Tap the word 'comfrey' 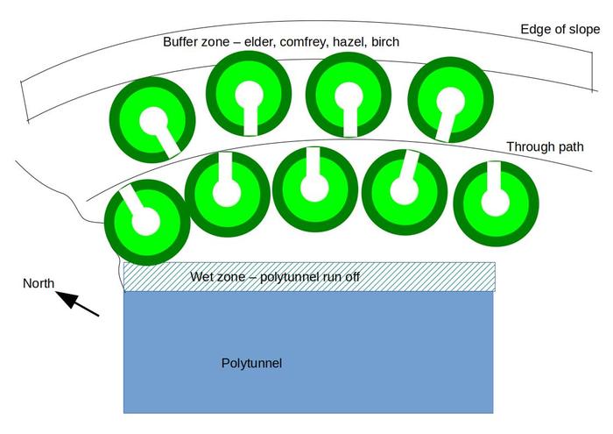point(312,42)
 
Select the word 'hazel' point(357,42)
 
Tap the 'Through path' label point(545,147)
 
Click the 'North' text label point(39,283)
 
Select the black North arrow point(79,303)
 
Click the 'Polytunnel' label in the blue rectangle point(252,363)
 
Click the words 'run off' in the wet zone point(340,277)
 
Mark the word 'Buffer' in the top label point(182,42)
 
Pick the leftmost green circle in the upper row point(152,119)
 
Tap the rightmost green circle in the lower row point(496,203)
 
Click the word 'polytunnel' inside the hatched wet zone point(291,277)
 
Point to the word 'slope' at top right point(581,29)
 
